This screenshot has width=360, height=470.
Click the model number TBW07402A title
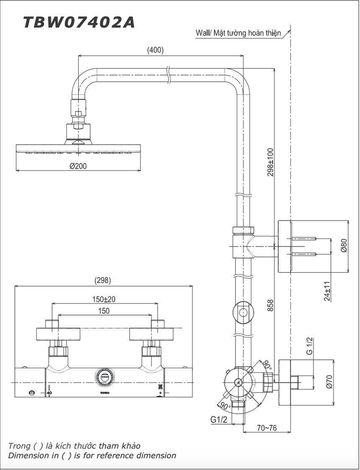pos(79,22)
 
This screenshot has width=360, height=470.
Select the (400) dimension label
pos(155,50)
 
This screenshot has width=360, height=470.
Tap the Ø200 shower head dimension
pos(78,166)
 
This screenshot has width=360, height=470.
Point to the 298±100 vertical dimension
pos(270,162)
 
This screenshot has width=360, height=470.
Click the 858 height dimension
pos(270,305)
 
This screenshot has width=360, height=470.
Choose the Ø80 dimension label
pos(344,246)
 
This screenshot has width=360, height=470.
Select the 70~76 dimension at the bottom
pos(267,428)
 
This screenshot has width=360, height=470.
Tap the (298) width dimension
pos(103,280)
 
